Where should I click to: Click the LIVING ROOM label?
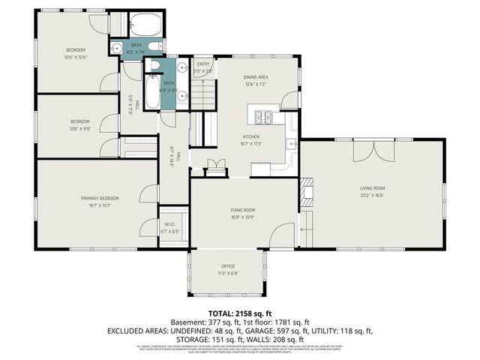(373, 188)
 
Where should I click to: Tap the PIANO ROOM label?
(243, 211)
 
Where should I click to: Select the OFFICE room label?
(228, 266)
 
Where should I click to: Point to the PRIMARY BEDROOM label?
(100, 198)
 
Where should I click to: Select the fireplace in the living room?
(306, 192)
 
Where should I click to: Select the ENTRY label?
(202, 64)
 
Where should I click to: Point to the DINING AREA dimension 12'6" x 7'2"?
(255, 85)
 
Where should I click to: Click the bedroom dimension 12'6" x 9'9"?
(80, 128)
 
